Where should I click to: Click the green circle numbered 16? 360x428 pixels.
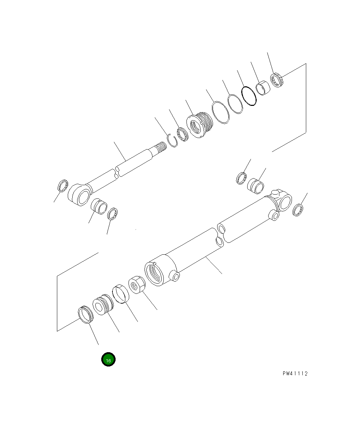(108, 359)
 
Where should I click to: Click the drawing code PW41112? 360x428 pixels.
(295, 373)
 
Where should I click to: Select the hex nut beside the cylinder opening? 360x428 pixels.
(137, 284)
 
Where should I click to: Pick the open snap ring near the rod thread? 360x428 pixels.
(172, 140)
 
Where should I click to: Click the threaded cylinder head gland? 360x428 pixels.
(200, 125)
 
